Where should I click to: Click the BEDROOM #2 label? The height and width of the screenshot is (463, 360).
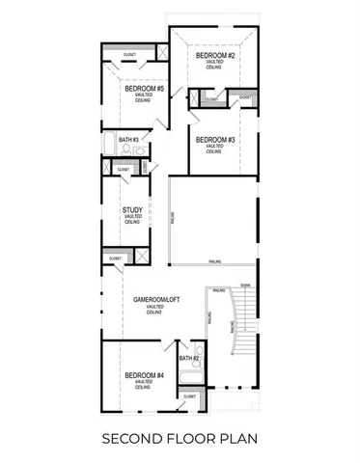click(x=216, y=56)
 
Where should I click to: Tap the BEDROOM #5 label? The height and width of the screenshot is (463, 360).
click(x=146, y=90)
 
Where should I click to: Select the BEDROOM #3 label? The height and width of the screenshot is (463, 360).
click(x=216, y=140)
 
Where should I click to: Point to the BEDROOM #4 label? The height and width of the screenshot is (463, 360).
click(x=145, y=375)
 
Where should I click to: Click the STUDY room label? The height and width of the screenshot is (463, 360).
click(x=132, y=209)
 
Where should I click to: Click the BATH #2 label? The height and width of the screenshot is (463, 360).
click(x=188, y=358)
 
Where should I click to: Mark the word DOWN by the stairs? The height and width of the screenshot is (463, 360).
click(x=245, y=286)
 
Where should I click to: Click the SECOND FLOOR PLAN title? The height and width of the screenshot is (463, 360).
click(x=180, y=440)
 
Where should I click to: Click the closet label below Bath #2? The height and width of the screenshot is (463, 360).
click(x=189, y=396)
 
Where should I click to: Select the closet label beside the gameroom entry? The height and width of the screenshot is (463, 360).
click(x=115, y=258)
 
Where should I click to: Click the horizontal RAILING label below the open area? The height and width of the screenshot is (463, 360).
click(x=212, y=262)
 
